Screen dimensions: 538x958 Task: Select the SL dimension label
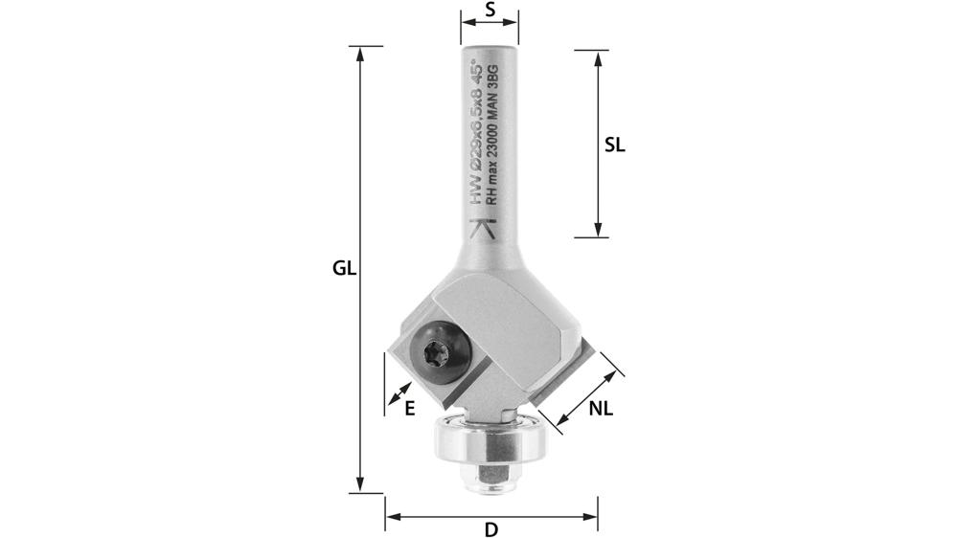(x=615, y=145)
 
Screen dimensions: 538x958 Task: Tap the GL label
(x=344, y=269)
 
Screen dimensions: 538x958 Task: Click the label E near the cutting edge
(x=409, y=408)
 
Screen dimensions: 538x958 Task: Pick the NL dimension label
(x=601, y=409)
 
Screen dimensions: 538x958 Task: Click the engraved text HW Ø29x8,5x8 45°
(x=476, y=134)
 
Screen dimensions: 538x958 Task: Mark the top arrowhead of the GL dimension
(x=360, y=54)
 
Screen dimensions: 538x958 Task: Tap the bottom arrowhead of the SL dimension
(x=598, y=230)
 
